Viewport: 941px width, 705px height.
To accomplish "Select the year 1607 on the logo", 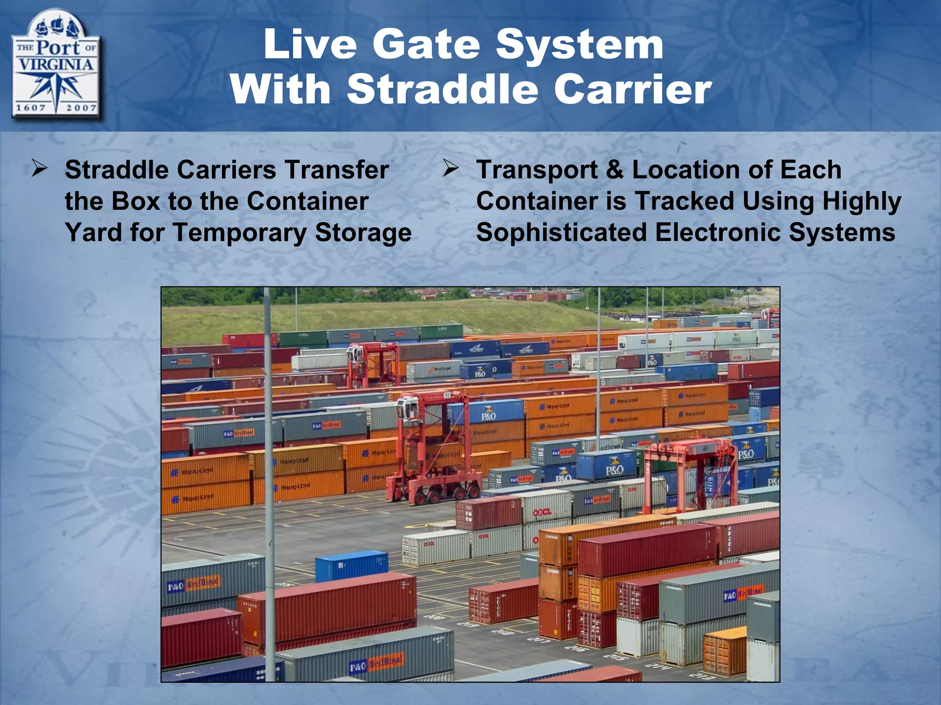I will point(31,108).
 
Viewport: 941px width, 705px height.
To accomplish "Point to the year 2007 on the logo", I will point(81,108).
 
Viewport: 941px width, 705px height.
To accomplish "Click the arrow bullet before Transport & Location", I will point(451,169).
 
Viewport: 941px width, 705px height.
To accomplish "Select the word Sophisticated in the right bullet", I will point(561,232).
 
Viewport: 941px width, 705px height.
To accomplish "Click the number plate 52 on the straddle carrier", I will point(447,395).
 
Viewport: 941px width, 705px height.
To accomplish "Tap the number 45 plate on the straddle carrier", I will point(704,448).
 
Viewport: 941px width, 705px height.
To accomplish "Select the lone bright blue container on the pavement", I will point(351,566).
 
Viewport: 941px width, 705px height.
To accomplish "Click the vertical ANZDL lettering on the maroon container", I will point(730,538).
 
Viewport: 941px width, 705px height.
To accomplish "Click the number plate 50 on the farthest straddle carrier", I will point(383,345).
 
